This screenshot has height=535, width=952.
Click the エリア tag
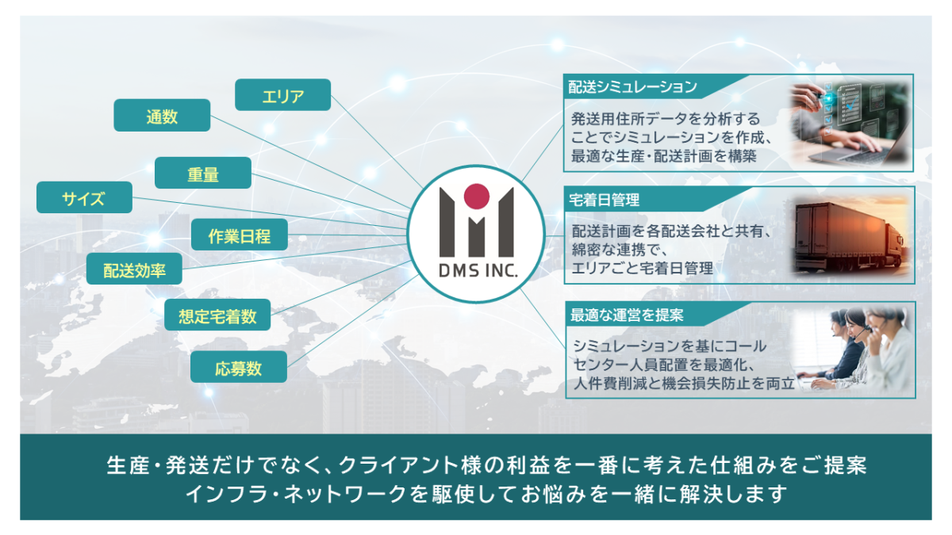282,95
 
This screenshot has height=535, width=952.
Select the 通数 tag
162,116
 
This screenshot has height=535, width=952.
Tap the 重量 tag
203,174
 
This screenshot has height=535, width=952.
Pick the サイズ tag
84,197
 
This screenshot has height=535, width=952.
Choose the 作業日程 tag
240,235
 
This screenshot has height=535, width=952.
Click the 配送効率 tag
134,269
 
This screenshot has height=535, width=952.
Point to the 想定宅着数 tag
217,315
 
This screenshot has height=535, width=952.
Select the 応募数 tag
239,367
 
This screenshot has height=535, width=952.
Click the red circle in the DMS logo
477,197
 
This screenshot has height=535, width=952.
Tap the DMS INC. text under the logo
478,270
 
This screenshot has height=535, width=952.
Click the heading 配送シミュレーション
632,87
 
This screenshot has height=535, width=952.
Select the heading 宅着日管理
604,200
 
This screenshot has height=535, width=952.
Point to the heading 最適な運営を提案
627,315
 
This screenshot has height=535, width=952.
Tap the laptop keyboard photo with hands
850,124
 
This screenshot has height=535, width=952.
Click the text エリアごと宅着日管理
642,269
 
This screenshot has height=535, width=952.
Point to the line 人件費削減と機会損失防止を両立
684,384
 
